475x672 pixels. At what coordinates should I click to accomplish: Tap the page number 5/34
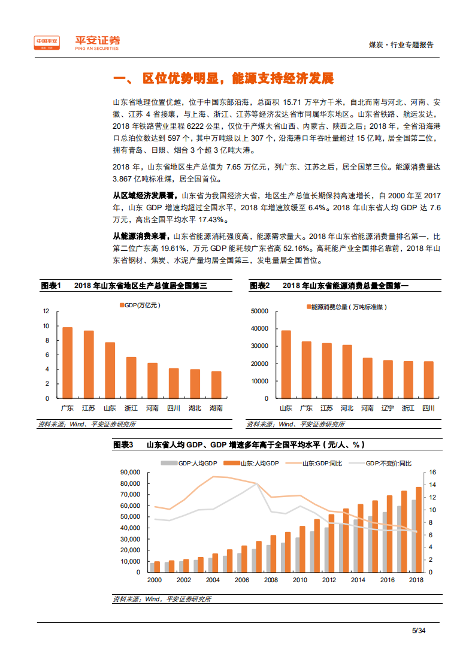coord(418,630)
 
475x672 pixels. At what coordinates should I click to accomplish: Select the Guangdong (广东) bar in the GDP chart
coord(67,362)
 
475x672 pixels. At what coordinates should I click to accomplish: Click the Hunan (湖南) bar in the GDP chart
coord(216,385)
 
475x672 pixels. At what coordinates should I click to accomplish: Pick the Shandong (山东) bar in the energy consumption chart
coord(286,364)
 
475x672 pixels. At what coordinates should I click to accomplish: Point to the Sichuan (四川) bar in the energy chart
coord(428,380)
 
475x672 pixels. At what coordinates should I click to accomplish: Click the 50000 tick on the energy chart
coord(259,311)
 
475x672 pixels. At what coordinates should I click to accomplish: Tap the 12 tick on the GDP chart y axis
coord(46,311)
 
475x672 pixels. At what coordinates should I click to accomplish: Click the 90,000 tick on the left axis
coord(129,472)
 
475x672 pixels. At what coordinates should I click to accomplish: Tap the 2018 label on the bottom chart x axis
coord(416,580)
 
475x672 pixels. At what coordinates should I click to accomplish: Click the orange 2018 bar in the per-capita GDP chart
coord(419,529)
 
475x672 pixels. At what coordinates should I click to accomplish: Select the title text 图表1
coord(51,286)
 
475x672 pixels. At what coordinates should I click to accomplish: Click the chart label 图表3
coord(123,444)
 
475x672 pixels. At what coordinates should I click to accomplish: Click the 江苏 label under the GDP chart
coord(89,408)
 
